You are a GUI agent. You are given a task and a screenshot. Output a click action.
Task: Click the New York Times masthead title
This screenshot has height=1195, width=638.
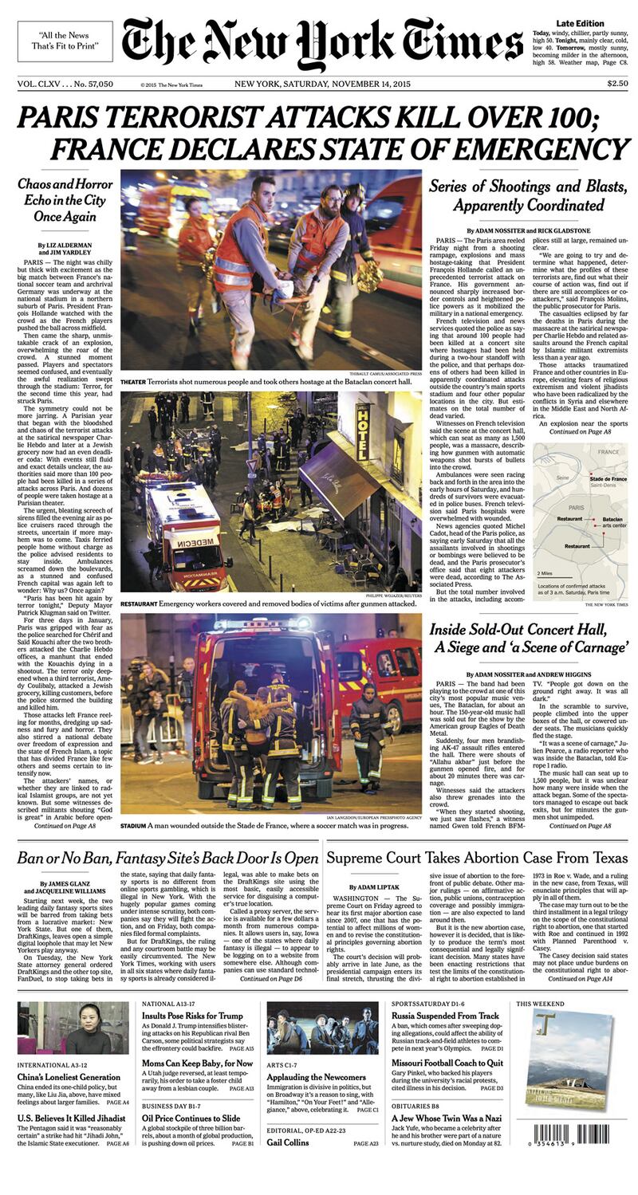322,41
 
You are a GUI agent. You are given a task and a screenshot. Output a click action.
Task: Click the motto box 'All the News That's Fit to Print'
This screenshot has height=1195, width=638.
65,41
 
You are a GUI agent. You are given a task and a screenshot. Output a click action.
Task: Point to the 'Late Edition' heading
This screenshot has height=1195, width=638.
580,24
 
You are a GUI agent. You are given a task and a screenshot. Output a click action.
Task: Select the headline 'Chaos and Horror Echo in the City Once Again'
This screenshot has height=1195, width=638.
65,200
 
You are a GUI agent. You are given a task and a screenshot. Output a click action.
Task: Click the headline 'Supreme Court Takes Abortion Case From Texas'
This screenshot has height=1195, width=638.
477,858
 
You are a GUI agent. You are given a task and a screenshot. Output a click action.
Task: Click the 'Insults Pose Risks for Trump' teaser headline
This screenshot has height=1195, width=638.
192,1016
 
